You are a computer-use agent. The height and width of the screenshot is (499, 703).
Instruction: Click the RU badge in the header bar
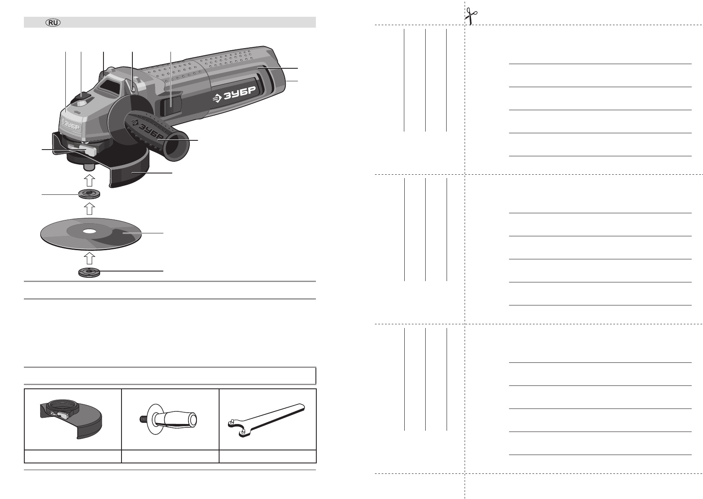click(x=53, y=23)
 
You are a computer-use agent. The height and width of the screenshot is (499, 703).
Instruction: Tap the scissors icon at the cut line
click(x=470, y=16)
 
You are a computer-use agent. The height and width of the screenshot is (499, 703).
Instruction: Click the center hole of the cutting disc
click(x=90, y=232)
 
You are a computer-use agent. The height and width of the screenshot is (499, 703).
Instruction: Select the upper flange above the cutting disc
click(x=89, y=194)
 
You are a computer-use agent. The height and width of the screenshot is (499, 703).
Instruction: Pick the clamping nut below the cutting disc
click(x=89, y=272)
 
